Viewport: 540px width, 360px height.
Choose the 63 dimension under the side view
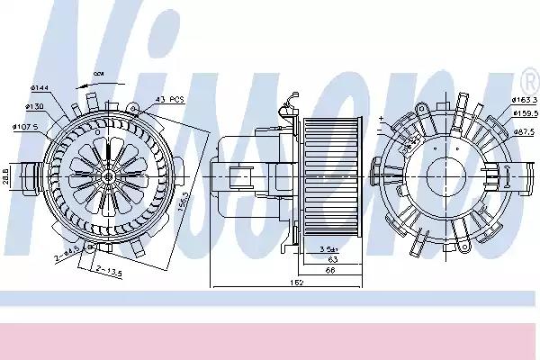332,257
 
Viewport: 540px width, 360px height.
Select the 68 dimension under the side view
332,270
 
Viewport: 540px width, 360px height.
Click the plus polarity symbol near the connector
382,118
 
